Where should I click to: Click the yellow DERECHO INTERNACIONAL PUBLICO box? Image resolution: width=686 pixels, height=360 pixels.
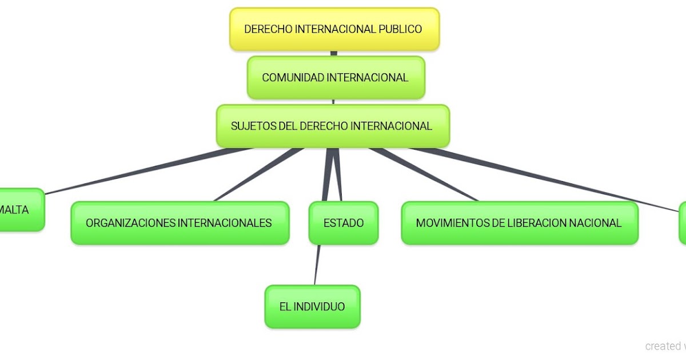pyautogui.click(x=334, y=29)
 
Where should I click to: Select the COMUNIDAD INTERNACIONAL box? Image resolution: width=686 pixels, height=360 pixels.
pyautogui.click(x=336, y=78)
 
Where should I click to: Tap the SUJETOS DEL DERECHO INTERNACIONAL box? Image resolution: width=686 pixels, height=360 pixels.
pyautogui.click(x=332, y=126)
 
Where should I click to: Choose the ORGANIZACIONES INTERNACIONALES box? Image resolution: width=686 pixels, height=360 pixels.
pyautogui.click(x=179, y=223)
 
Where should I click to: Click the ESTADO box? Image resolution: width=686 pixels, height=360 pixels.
pyautogui.click(x=344, y=223)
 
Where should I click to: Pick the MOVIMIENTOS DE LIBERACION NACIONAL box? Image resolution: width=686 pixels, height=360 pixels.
pyautogui.click(x=519, y=223)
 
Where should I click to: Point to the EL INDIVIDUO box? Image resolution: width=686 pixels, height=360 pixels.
pyautogui.click(x=312, y=307)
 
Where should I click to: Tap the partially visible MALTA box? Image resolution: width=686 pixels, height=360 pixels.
pyautogui.click(x=17, y=210)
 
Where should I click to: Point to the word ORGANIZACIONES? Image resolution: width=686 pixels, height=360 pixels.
pyautogui.click(x=131, y=223)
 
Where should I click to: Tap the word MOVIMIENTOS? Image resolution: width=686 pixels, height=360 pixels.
pyautogui.click(x=452, y=223)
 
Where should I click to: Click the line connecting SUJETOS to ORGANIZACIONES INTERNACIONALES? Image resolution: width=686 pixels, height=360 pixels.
pyautogui.click(x=257, y=175)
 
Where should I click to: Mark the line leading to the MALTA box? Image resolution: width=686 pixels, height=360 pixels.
pyautogui.click(x=143, y=170)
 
